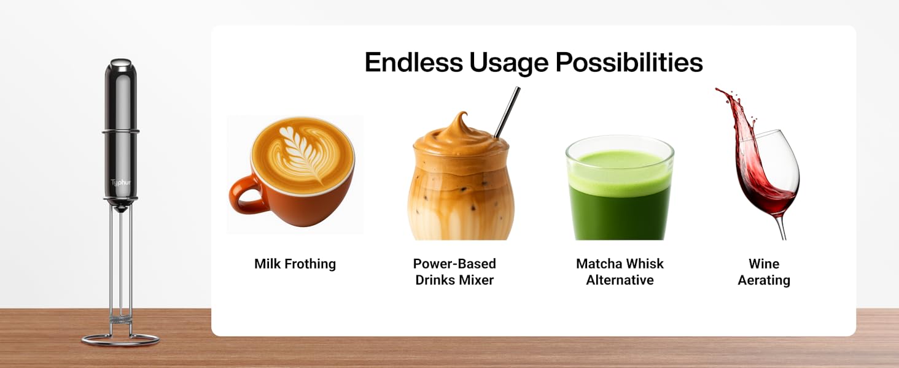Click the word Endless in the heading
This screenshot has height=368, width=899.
click(413, 63)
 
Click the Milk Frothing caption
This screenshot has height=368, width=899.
click(295, 264)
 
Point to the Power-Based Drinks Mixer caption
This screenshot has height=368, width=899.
click(454, 272)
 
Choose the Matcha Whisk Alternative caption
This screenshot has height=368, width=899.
click(620, 272)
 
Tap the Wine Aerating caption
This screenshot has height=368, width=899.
click(764, 272)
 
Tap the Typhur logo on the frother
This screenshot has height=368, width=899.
click(120, 183)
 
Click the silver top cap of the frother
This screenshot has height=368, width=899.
click(120, 63)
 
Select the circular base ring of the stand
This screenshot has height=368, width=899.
click(120, 340)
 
